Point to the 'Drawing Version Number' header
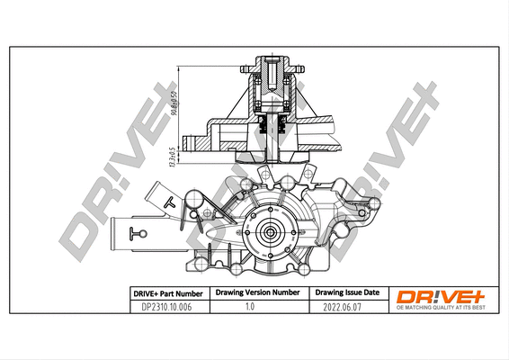point(257,293)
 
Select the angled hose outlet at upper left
point(161,198)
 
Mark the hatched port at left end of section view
point(191,141)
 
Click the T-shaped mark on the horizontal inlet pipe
point(137,236)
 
